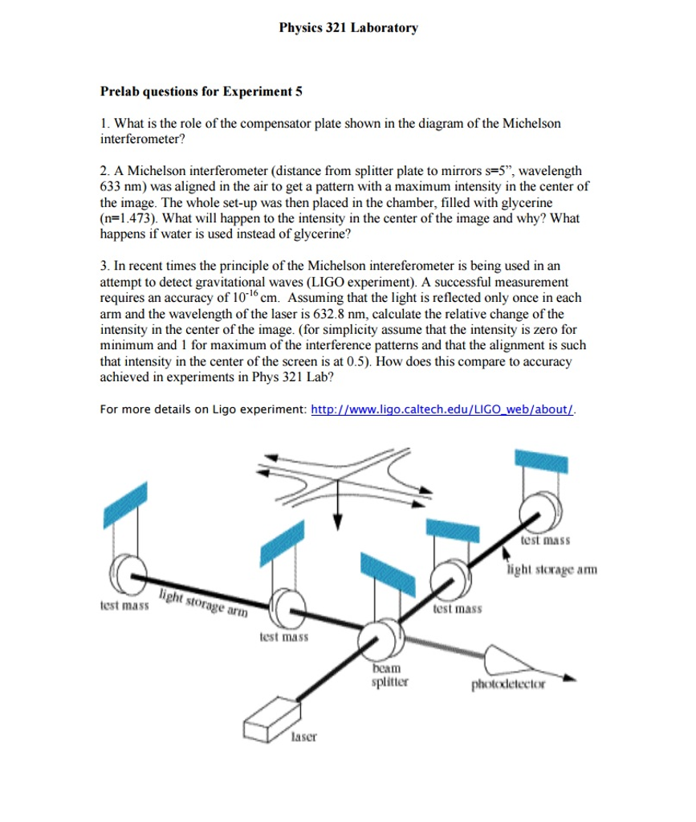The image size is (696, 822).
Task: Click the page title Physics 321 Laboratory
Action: pyautogui.click(x=348, y=28)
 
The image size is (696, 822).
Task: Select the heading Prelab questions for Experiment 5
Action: pyautogui.click(x=201, y=92)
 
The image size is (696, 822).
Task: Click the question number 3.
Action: pyautogui.click(x=104, y=267)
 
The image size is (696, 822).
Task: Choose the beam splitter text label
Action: pyautogui.click(x=389, y=677)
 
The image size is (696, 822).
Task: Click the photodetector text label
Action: pyautogui.click(x=508, y=685)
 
